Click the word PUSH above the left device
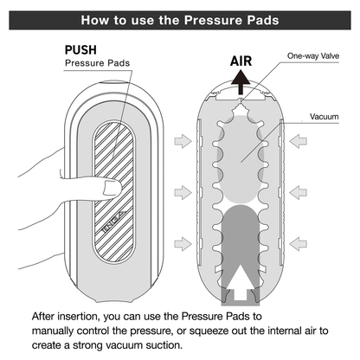(x=86, y=50)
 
